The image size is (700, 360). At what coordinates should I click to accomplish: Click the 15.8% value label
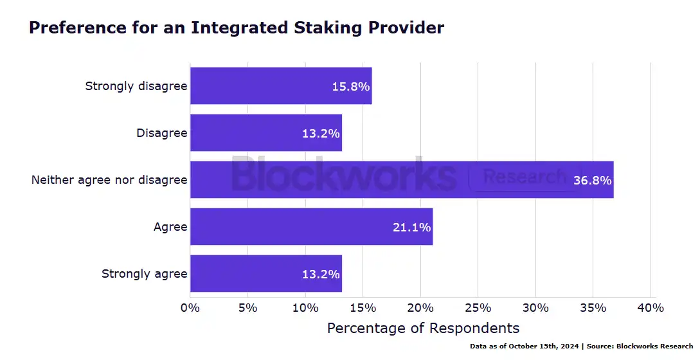(x=351, y=86)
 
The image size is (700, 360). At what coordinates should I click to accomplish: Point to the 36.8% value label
(x=593, y=180)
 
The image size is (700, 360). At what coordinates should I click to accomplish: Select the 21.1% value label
(x=412, y=227)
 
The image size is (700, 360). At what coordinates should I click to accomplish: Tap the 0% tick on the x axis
(x=190, y=308)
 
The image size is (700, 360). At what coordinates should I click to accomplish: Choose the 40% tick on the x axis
(x=651, y=308)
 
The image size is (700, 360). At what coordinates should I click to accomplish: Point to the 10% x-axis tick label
(x=305, y=308)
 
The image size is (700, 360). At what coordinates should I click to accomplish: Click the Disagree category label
(x=161, y=133)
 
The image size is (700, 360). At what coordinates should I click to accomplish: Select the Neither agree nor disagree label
(x=109, y=180)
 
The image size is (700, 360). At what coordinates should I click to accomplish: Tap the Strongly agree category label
(x=144, y=274)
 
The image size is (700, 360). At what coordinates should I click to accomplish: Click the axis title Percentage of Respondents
(x=423, y=328)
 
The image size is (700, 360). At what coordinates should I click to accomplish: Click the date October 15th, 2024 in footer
(x=544, y=346)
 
